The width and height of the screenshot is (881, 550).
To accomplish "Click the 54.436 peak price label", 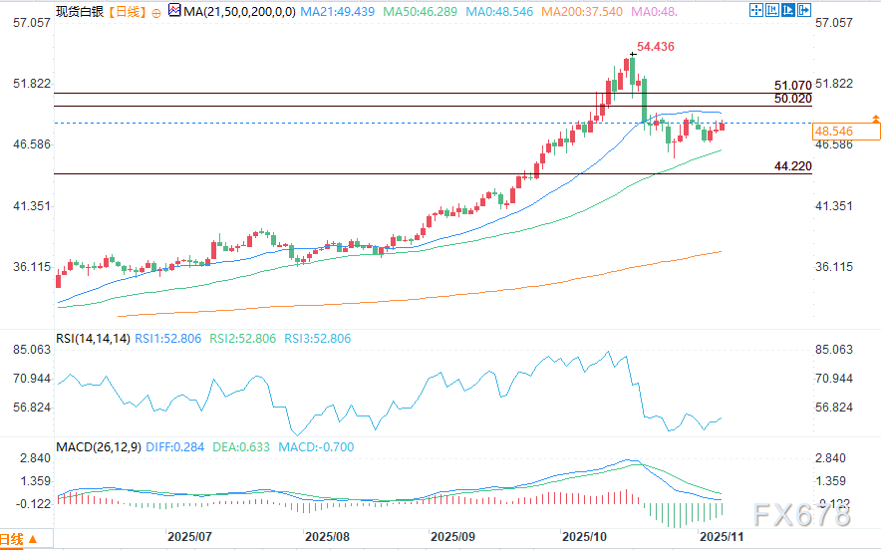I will (658, 47).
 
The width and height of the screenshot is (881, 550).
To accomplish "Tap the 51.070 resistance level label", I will (792, 87).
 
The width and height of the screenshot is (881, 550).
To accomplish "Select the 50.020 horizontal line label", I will (792, 100).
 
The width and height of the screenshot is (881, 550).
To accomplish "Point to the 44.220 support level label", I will (792, 165).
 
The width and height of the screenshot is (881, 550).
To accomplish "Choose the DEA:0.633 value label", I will (242, 447).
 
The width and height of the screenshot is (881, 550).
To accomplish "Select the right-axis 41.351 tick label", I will (835, 205).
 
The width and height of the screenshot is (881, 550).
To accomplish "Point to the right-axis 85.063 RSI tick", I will (835, 350).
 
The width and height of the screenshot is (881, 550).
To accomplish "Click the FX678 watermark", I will (803, 514).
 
